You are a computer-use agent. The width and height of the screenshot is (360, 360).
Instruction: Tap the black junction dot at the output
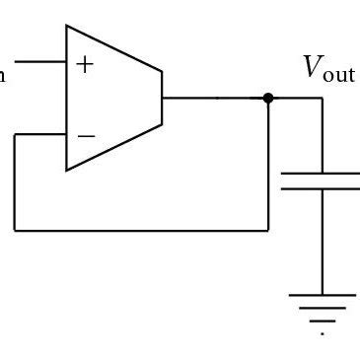[268, 99]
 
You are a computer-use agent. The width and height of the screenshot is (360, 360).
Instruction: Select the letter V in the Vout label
[312, 68]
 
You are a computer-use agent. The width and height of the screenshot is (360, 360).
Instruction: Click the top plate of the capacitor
[322, 173]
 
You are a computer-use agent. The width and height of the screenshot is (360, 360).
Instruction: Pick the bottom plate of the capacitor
[322, 189]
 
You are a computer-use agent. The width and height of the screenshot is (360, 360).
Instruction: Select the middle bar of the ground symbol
[322, 309]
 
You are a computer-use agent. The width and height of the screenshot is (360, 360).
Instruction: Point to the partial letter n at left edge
[4, 73]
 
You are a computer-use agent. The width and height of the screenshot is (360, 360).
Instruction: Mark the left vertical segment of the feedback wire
[15, 182]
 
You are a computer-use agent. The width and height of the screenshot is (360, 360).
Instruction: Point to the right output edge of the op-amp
[162, 99]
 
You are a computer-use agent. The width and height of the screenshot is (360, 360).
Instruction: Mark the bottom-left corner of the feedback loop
[15, 230]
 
